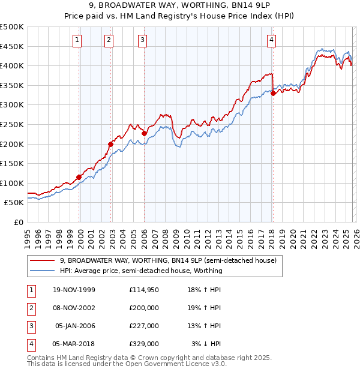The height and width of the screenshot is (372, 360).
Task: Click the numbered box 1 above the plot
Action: [78, 40]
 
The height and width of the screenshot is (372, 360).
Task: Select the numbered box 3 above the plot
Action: [143, 40]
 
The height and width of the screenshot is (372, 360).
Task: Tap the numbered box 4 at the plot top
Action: [272, 40]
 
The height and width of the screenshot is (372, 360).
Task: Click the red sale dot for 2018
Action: [273, 93]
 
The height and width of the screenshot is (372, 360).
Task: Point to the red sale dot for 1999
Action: [79, 177]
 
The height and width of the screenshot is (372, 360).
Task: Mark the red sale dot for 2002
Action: [111, 144]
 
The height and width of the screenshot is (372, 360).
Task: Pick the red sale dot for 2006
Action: [145, 133]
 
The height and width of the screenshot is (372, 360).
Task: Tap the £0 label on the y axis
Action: [18, 222]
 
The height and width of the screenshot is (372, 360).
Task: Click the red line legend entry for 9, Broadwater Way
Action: [168, 260]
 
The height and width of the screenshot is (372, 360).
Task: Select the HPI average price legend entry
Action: [141, 271]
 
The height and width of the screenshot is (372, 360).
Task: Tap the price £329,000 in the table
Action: [144, 344]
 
